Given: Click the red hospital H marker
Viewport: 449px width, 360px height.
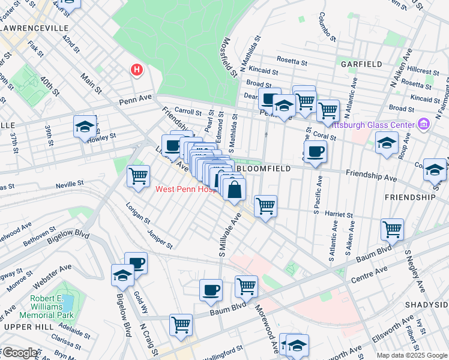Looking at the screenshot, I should pos(137,70).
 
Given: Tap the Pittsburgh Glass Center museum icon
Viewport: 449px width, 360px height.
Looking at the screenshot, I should pos(424,124).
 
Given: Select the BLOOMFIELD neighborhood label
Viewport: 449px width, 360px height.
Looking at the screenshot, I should pos(265,169).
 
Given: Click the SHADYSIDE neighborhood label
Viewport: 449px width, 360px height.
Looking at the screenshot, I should pos(426,305).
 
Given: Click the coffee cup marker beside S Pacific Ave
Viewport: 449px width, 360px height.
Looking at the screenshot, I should pos(315,151).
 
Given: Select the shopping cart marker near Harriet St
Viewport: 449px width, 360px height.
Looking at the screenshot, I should pos(265,206).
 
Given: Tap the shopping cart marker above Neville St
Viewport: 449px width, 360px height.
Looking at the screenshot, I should pos(138,176).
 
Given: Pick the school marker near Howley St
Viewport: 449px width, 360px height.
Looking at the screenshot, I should pos(85,126).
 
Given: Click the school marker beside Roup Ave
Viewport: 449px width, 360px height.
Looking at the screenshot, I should pos(387,143).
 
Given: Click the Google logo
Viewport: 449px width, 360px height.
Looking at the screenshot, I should pos(20,353).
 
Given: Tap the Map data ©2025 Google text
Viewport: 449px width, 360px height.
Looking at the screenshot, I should pos(411,355).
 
